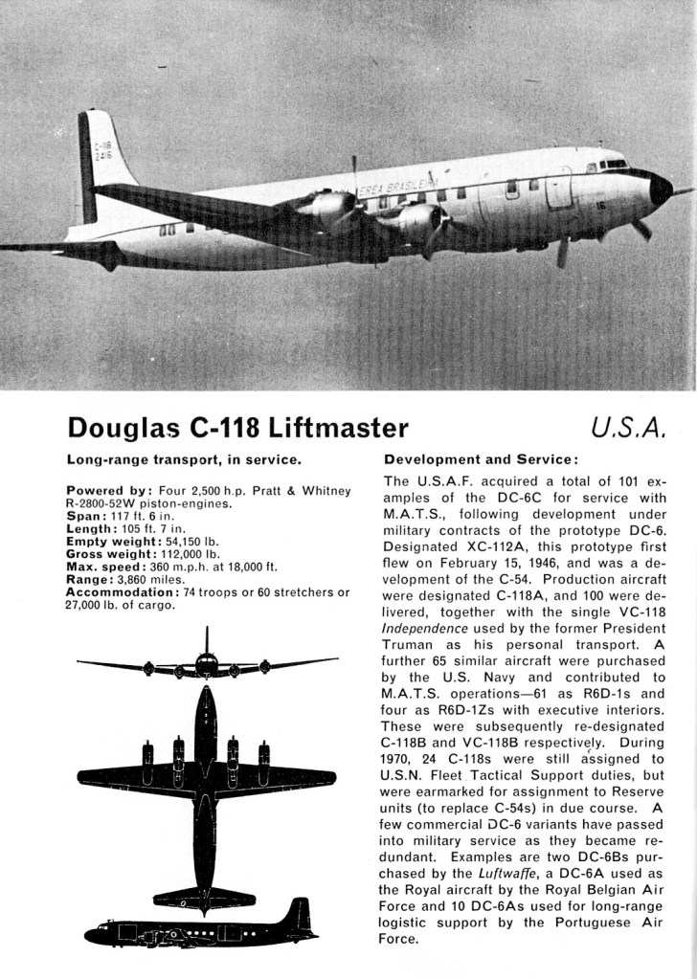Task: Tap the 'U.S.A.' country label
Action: tap(628, 426)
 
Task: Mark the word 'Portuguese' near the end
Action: tap(573, 922)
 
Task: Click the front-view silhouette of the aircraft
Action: tap(207, 661)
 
